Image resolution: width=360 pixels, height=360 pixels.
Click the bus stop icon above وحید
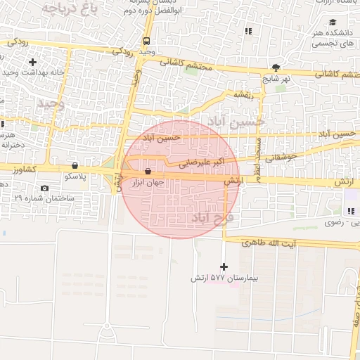click(146, 41)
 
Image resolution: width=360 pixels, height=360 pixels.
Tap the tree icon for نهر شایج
click(276, 68)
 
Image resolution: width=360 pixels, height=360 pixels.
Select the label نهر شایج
click(276, 79)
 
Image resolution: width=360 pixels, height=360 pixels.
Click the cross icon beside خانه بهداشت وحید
click(32, 63)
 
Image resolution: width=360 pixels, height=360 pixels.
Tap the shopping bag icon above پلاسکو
click(75, 166)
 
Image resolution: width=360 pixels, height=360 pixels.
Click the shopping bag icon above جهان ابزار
click(148, 172)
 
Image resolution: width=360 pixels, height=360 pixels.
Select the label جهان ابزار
click(148, 182)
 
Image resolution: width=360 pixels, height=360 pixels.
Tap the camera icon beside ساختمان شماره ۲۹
click(45, 188)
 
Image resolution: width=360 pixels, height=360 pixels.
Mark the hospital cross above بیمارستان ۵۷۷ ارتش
click(224, 266)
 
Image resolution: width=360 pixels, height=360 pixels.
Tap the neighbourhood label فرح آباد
click(212, 217)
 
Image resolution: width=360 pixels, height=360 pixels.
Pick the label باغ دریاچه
click(68, 8)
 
